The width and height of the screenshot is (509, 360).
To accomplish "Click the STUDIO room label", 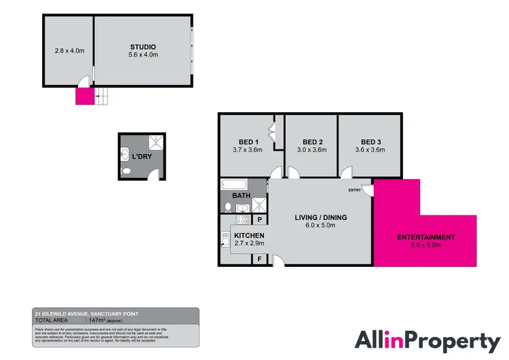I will [143, 47].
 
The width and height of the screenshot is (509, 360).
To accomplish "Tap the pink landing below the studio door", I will [84, 96].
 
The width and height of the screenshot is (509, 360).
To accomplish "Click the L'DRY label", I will [142, 156].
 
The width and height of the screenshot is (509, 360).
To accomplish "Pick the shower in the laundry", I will [156, 142].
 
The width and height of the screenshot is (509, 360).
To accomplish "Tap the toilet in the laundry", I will [126, 171].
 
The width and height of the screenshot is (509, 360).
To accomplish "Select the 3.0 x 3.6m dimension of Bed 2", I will [311, 150].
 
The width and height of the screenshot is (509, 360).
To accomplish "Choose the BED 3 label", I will [370, 142].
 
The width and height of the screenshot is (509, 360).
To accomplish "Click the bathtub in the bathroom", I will [234, 184].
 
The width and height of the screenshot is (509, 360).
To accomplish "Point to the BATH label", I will [242, 196].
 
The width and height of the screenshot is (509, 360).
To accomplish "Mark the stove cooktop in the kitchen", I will [225, 238].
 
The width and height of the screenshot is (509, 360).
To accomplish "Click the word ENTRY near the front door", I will [355, 190].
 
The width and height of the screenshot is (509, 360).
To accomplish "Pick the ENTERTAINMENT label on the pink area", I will [426, 237].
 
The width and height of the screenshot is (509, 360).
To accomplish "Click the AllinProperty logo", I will [428, 340].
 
